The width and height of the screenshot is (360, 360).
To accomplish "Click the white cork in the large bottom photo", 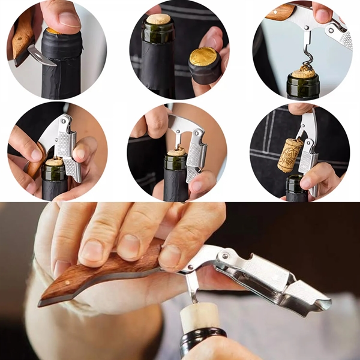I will [x=199, y=316].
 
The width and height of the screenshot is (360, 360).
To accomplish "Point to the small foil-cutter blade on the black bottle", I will [x=41, y=58].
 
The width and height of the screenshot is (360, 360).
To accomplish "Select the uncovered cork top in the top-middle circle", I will [x=158, y=19].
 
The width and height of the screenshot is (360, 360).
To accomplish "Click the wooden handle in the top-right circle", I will [x=280, y=12].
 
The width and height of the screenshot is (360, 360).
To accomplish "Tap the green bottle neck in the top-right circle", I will [x=303, y=87].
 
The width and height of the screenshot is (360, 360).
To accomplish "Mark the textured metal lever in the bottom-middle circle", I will [x=196, y=157].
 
